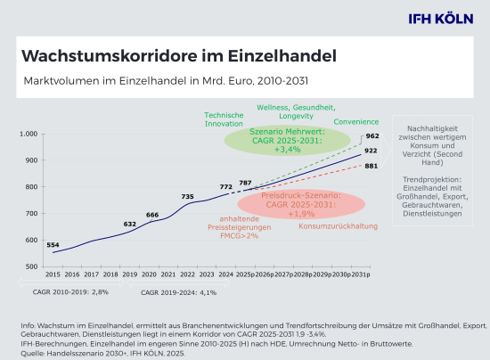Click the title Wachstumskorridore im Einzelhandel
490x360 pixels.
178,56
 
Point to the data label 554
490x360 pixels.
53,245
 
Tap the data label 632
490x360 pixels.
129,225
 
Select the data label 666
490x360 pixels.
152,215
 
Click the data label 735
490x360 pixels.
187,196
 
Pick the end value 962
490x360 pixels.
372,136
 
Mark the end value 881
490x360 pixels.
372,166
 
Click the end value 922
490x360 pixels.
372,151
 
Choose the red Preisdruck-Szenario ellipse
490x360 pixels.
301,204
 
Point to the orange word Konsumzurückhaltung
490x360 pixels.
334,225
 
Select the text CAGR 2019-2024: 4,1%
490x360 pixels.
170,291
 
